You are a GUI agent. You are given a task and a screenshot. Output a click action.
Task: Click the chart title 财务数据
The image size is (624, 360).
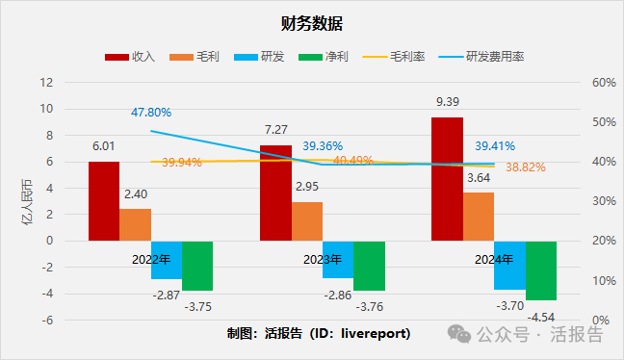[x=312, y=23]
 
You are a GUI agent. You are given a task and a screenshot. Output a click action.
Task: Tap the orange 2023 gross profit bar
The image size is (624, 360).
[x=307, y=220]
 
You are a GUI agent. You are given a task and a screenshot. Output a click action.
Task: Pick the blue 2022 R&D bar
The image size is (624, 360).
[x=166, y=260]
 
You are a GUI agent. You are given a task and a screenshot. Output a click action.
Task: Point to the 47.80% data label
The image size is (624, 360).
[x=151, y=113]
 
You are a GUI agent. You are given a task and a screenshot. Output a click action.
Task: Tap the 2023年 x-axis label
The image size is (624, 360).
[x=323, y=260]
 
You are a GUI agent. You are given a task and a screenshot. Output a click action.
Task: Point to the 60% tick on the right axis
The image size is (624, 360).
[x=603, y=83]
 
